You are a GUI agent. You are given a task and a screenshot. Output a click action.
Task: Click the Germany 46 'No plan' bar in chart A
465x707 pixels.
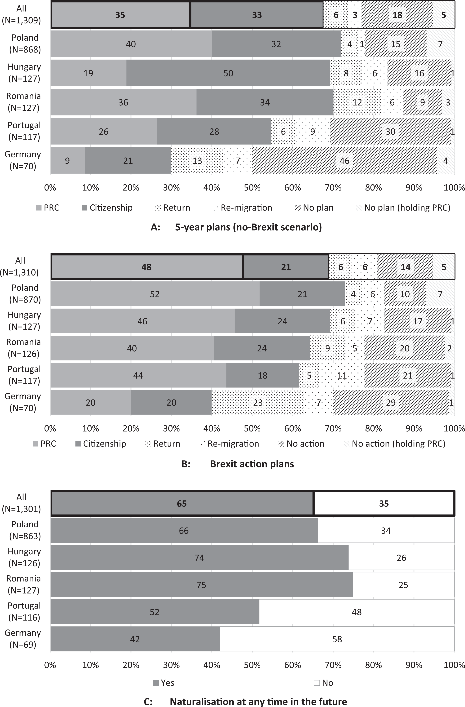345,161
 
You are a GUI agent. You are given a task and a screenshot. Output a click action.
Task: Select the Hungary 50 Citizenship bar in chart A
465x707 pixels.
228,73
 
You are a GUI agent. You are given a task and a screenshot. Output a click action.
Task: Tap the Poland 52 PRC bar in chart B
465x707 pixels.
155,294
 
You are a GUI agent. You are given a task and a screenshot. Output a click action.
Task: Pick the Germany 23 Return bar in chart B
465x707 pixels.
258,402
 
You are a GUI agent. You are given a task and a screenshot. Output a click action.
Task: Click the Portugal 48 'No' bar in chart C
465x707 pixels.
357,612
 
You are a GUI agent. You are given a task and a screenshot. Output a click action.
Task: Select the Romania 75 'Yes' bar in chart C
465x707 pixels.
202,585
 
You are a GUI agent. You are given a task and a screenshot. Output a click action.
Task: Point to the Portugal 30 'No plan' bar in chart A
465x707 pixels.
390,132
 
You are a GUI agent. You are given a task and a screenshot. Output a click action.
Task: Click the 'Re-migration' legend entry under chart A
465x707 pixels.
243,208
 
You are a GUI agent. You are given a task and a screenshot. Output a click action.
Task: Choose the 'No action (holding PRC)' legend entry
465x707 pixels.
395,443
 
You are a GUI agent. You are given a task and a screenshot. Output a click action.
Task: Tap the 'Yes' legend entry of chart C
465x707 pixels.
164,683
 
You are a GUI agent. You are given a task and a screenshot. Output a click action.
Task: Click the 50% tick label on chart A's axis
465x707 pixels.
252,188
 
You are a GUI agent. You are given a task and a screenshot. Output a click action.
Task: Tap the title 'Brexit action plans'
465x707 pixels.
252,464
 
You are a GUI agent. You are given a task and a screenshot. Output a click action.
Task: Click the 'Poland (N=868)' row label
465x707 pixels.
25,43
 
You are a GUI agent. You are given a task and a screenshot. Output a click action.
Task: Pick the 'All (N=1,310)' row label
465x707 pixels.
20,266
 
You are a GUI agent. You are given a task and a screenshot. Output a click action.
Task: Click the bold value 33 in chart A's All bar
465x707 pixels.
257,15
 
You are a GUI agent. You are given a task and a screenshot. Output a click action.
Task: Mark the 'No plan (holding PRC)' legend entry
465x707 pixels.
403,208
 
